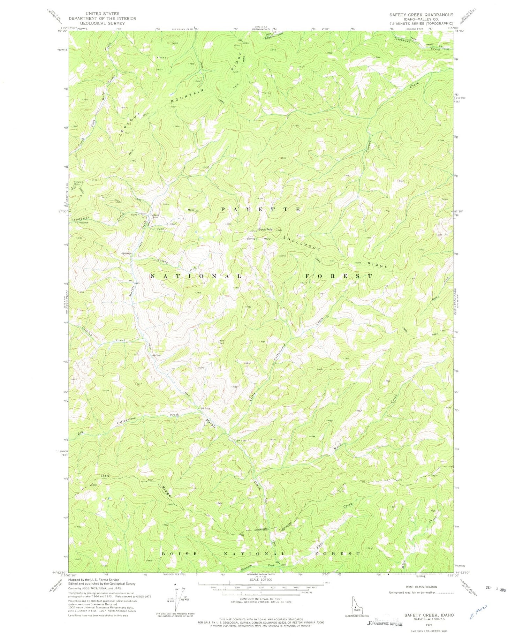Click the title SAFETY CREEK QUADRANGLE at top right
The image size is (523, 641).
421,15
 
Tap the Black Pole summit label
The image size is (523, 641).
265,229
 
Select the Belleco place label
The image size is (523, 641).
154,215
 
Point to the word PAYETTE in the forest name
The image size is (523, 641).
260,209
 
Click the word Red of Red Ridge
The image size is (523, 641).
105,476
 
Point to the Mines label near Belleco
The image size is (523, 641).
191,210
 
